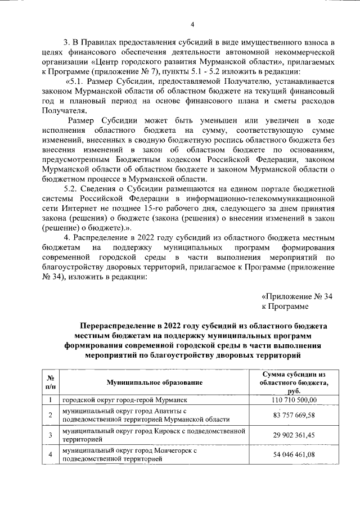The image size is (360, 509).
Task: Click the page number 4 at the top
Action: click(x=192, y=24)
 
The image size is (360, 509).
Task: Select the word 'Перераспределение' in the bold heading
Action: click(x=117, y=326)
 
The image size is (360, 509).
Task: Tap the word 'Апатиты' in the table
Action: click(x=160, y=411)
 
